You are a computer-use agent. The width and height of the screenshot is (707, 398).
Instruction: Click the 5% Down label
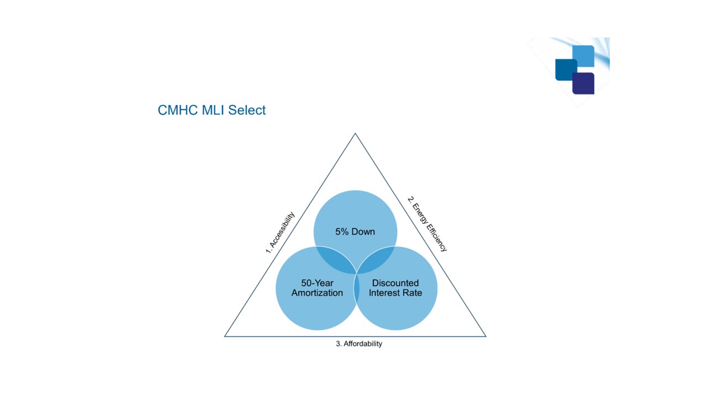pos(355,232)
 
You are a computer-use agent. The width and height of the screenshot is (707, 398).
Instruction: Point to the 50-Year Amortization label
pos(317,288)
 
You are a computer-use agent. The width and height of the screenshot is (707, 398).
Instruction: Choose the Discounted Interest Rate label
pos(395,288)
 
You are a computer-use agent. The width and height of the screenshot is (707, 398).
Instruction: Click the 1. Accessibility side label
pos(280,233)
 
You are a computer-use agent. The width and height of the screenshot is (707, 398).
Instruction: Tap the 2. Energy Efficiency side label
pos(427,224)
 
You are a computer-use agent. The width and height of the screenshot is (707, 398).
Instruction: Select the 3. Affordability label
pos(359,344)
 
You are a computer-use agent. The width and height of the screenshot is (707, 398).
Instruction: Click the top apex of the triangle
pos(355,133)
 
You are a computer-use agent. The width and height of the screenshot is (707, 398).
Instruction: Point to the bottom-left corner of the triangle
pos(225,336)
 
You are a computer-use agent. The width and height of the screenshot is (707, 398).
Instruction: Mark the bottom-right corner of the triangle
pos(486,336)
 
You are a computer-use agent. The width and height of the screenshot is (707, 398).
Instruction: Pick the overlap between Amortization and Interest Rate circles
pos(356,287)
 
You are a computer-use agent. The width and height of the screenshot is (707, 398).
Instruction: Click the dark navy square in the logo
pos(583,83)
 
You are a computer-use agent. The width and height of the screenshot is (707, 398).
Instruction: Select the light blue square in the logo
pos(583,56)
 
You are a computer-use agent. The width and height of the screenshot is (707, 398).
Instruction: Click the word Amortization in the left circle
pos(317,293)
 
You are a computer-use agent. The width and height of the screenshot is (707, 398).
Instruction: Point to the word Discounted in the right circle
pos(395,283)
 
